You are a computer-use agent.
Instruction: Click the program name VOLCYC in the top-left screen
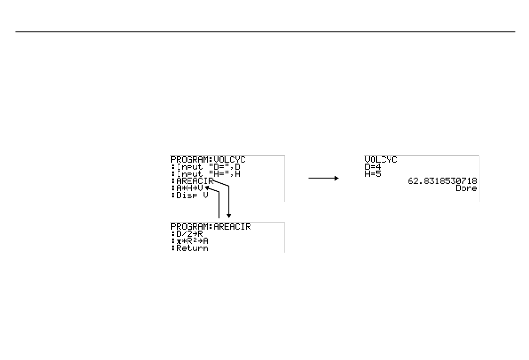229,160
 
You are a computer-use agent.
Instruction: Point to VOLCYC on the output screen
381,160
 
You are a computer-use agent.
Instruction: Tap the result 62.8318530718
442,181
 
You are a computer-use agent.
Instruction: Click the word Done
466,188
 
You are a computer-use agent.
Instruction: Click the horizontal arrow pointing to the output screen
323,178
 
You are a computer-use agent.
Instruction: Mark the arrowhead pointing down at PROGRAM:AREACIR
229,215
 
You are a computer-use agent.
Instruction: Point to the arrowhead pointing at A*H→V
208,188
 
